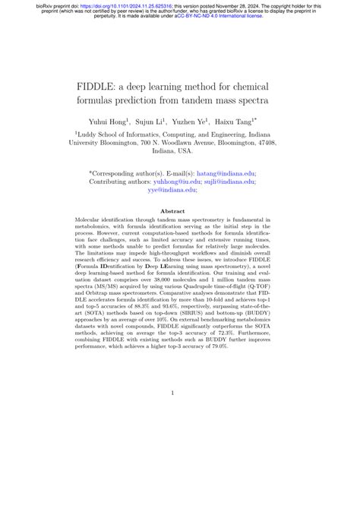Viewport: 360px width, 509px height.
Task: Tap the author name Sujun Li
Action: tap(156, 120)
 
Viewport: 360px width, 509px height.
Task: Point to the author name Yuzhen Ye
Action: tap(199, 120)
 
